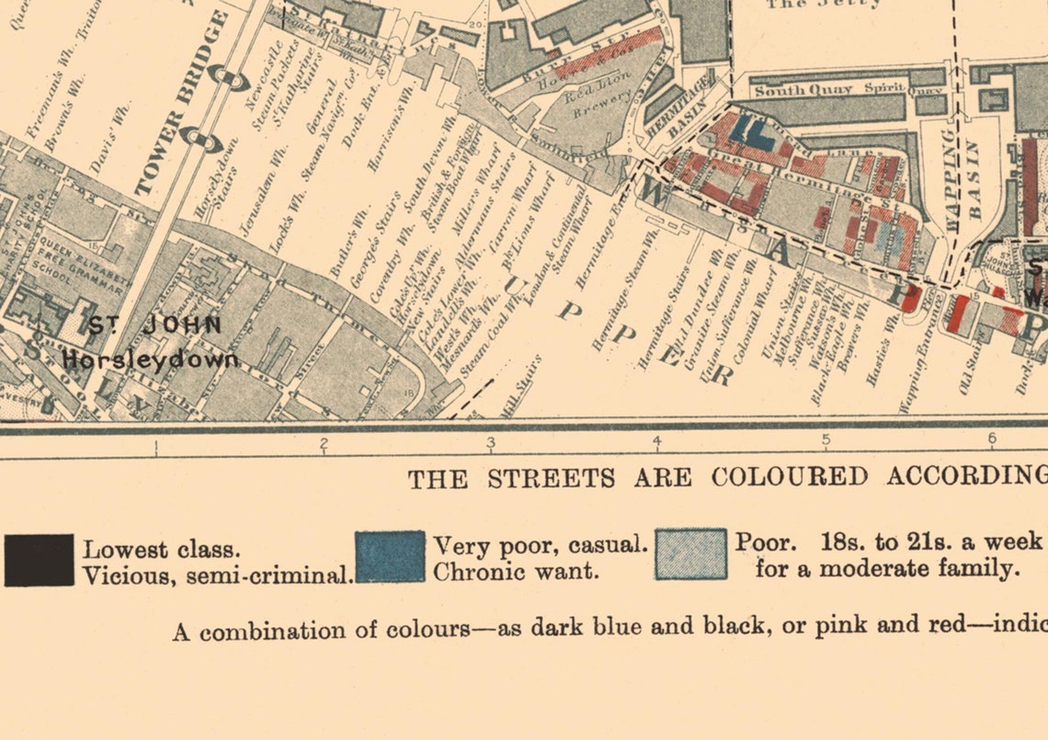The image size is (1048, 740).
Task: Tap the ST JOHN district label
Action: [154, 325]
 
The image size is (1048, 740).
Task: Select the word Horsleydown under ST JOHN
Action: [151, 359]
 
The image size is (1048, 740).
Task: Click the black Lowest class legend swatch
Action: [39, 560]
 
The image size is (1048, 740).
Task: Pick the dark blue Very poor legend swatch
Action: [390, 556]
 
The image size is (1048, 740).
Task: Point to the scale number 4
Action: [657, 442]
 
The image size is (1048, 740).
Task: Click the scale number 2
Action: [324, 444]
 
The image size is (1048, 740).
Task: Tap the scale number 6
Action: [992, 439]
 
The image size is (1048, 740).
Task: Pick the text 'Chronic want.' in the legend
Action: [516, 571]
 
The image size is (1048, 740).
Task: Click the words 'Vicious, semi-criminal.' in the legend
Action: [218, 576]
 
